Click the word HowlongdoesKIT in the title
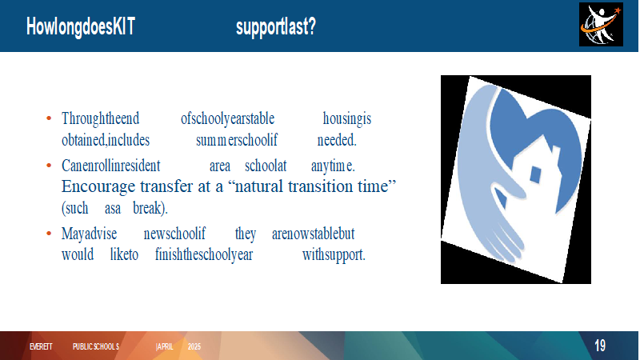81,27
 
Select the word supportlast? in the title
276,27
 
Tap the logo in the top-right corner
601,25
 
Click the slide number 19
599,346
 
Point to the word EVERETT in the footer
41,346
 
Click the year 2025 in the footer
194,346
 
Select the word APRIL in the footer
165,346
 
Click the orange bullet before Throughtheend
49,118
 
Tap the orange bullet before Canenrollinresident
49,166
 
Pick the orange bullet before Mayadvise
49,234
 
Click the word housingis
347,118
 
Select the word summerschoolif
237,140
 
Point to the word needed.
337,140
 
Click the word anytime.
333,166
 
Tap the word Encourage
98,187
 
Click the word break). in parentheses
150,208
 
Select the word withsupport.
334,254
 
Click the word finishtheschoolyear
204,254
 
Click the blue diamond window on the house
535,174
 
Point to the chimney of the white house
555,154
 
